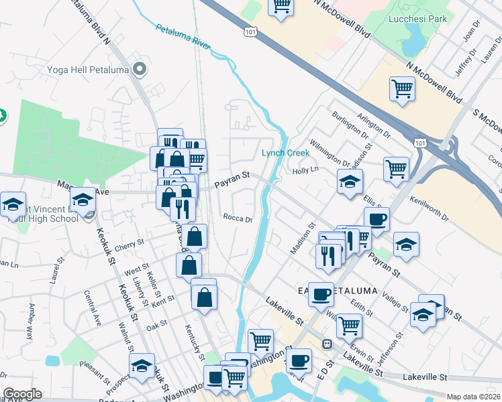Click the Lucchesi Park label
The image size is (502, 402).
tap(418, 19)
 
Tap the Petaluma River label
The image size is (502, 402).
tap(183, 38)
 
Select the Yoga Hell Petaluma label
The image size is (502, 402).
tap(87, 69)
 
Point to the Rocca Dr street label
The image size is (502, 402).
tap(238, 218)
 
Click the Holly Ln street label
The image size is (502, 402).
tap(305, 171)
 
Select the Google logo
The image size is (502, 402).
tap(23, 394)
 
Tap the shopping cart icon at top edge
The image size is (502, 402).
tap(282, 6)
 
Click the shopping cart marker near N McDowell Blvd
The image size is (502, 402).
tap(402, 88)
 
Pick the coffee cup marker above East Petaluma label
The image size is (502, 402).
tap(376, 218)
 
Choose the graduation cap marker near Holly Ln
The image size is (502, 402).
tap(349, 182)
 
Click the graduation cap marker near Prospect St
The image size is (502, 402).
tap(142, 365)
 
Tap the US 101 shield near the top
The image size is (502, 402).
tap(250, 31)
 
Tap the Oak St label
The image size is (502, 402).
tap(156, 325)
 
